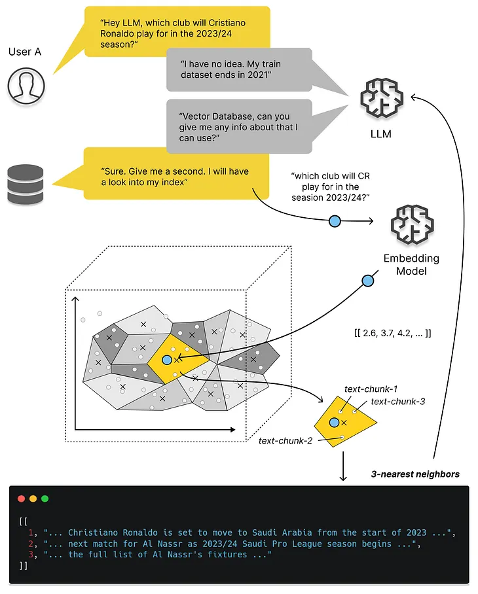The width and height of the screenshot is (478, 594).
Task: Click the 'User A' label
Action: pos(25,51)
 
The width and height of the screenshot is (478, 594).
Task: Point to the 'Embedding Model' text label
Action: pos(411,264)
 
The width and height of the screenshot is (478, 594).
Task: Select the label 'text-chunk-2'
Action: pos(285,440)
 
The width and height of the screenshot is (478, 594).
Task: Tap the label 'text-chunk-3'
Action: pos(397,401)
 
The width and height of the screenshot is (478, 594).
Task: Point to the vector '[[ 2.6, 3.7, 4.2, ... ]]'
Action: pos(392,333)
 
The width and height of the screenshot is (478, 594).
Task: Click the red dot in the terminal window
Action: pos(21,498)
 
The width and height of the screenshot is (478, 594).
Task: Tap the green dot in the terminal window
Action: pos(45,498)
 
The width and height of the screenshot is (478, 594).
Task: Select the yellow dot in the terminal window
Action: pos(33,498)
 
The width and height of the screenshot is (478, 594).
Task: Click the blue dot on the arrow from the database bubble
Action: pos(335,222)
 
